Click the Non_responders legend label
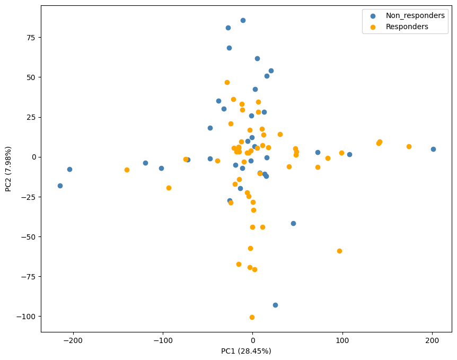coord(415,16)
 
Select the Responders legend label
coord(407,27)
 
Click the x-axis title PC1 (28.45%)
coord(246,351)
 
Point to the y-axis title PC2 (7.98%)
coord(8,169)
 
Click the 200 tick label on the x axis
coord(432,341)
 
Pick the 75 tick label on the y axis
coord(30,37)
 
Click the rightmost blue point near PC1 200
coord(433,149)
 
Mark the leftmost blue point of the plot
coord(60,186)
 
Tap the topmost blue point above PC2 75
coord(243,20)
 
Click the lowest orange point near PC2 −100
coord(252,317)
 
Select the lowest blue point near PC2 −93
coord(275,305)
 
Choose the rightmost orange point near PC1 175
coord(409,146)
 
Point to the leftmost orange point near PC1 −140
coord(127,170)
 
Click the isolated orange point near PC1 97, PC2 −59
coord(339,251)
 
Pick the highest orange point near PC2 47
coord(227,82)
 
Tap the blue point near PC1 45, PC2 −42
coord(293,223)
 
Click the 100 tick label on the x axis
coord(342,341)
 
